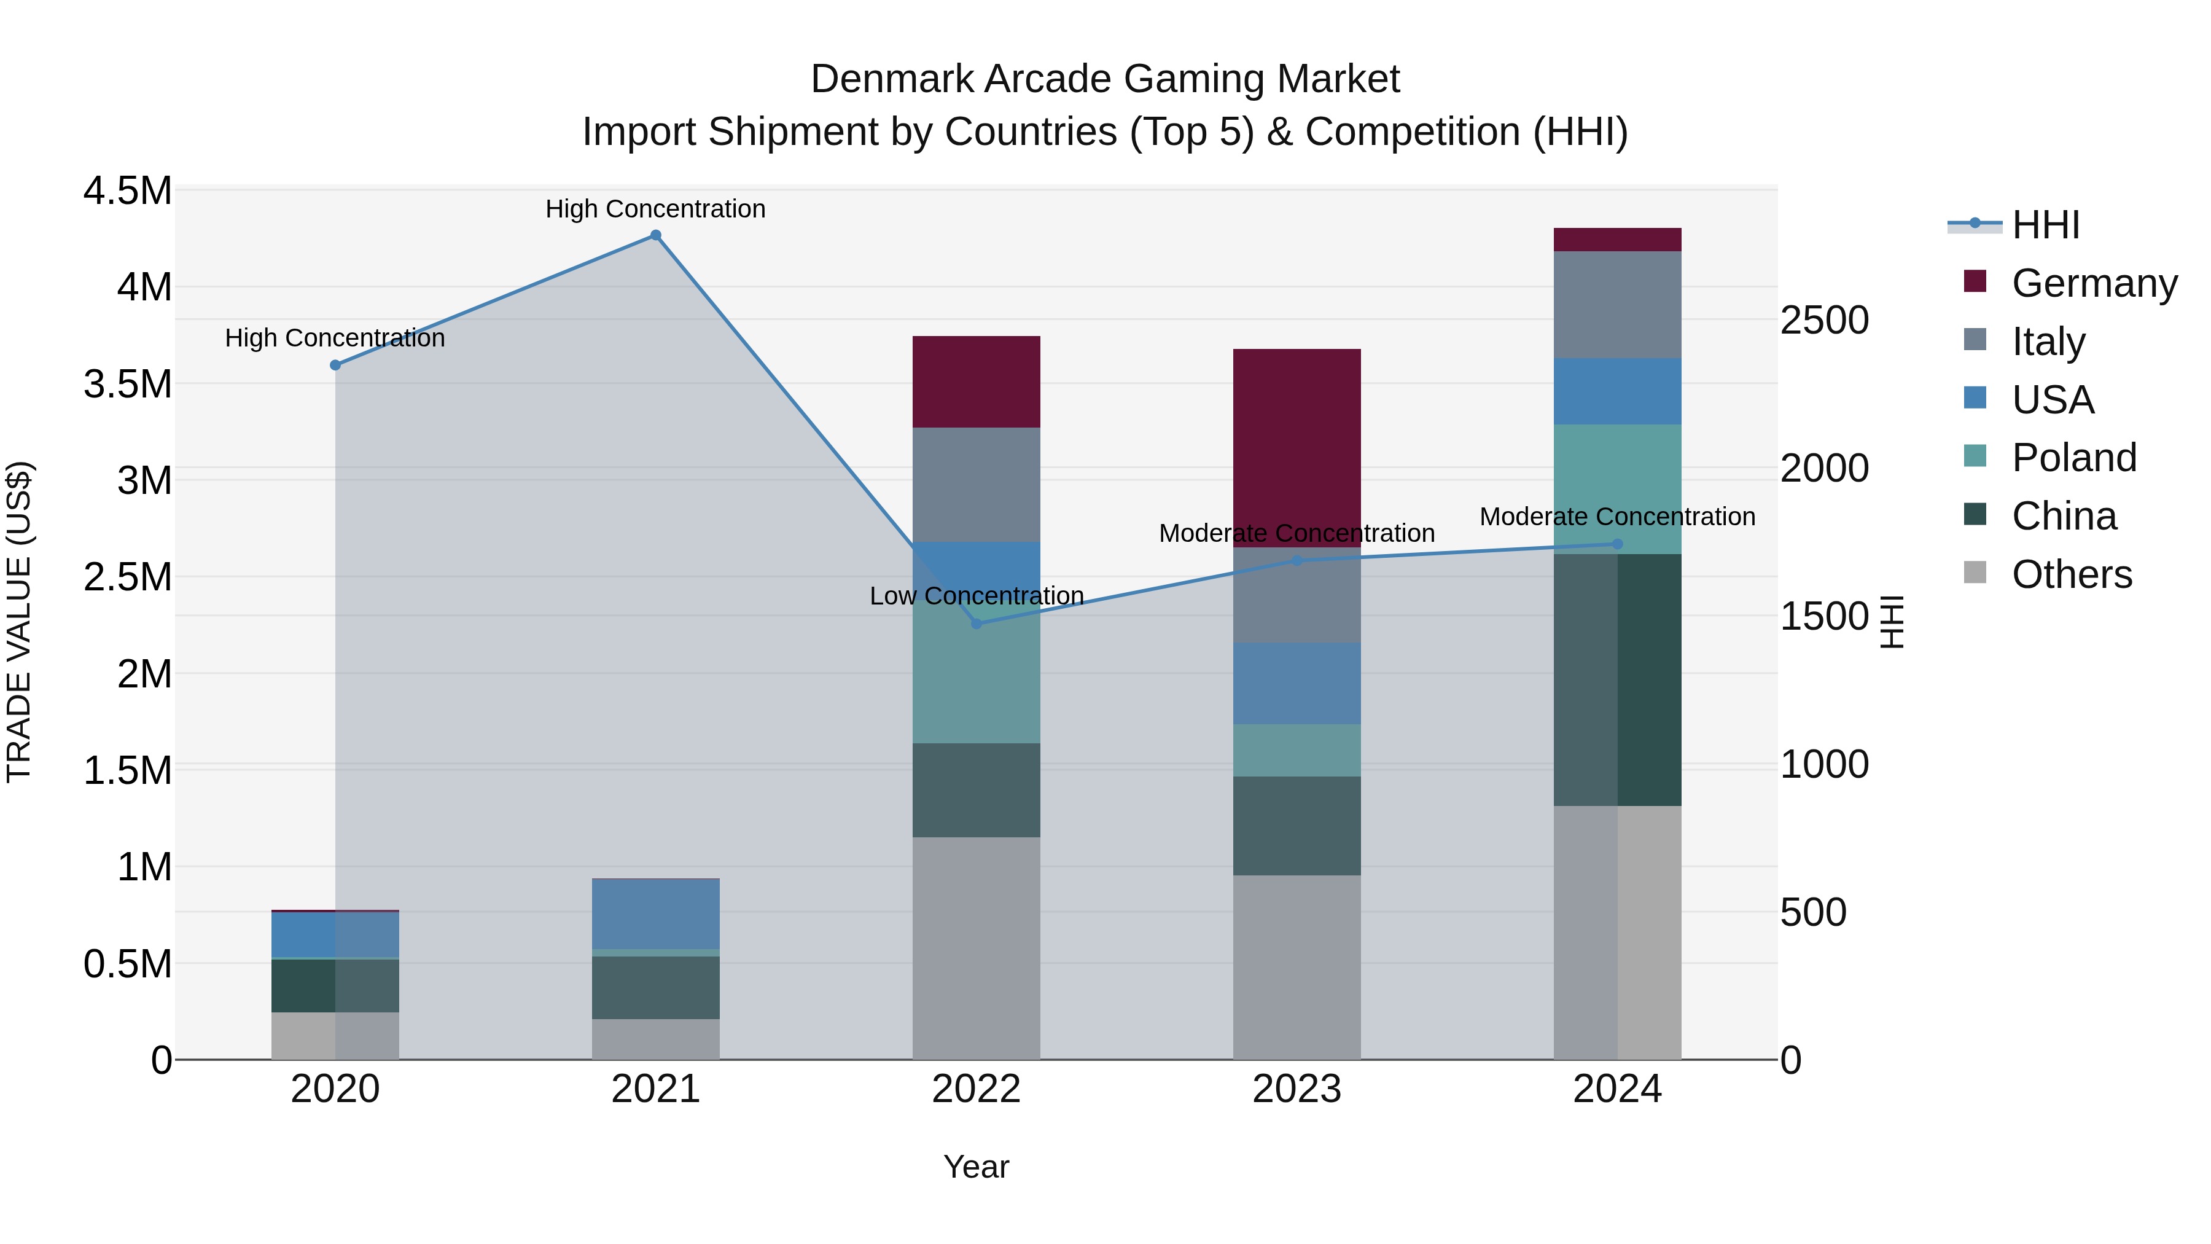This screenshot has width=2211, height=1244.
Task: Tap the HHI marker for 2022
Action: coord(976,624)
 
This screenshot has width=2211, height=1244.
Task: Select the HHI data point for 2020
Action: coord(335,365)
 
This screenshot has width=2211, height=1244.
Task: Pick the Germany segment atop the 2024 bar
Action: coord(1617,240)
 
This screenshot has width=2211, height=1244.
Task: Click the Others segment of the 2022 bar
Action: coord(976,948)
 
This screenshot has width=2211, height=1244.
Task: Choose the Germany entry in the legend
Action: coord(2094,283)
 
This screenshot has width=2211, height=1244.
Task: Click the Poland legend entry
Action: coord(2073,458)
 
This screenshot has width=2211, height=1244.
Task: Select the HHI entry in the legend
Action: coord(2045,225)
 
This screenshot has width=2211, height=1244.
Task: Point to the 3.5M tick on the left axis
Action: coord(128,384)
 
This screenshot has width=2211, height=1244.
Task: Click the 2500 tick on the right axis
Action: coord(1824,320)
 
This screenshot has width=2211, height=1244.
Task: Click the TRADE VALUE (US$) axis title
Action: coord(19,622)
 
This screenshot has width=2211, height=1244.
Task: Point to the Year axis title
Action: coord(976,1167)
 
